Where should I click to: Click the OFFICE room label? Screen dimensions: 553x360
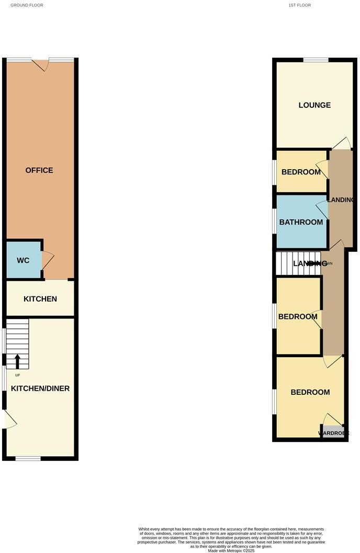(x=39, y=170)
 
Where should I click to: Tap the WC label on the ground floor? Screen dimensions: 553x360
(x=23, y=260)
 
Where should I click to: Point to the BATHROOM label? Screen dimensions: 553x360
(x=301, y=222)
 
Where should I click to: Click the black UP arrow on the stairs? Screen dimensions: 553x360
(x=17, y=362)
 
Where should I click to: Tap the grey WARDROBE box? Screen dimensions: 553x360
(x=333, y=433)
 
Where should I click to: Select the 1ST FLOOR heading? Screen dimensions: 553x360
(x=299, y=5)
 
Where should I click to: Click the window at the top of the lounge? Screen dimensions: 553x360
(x=316, y=60)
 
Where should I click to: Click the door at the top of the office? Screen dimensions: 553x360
(x=40, y=64)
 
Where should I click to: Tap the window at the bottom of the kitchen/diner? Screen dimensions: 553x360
(x=28, y=459)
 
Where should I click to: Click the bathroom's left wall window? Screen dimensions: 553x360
(x=275, y=221)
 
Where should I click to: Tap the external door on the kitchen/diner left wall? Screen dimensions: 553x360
(x=9, y=419)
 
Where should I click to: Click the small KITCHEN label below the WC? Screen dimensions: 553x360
(x=40, y=299)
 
